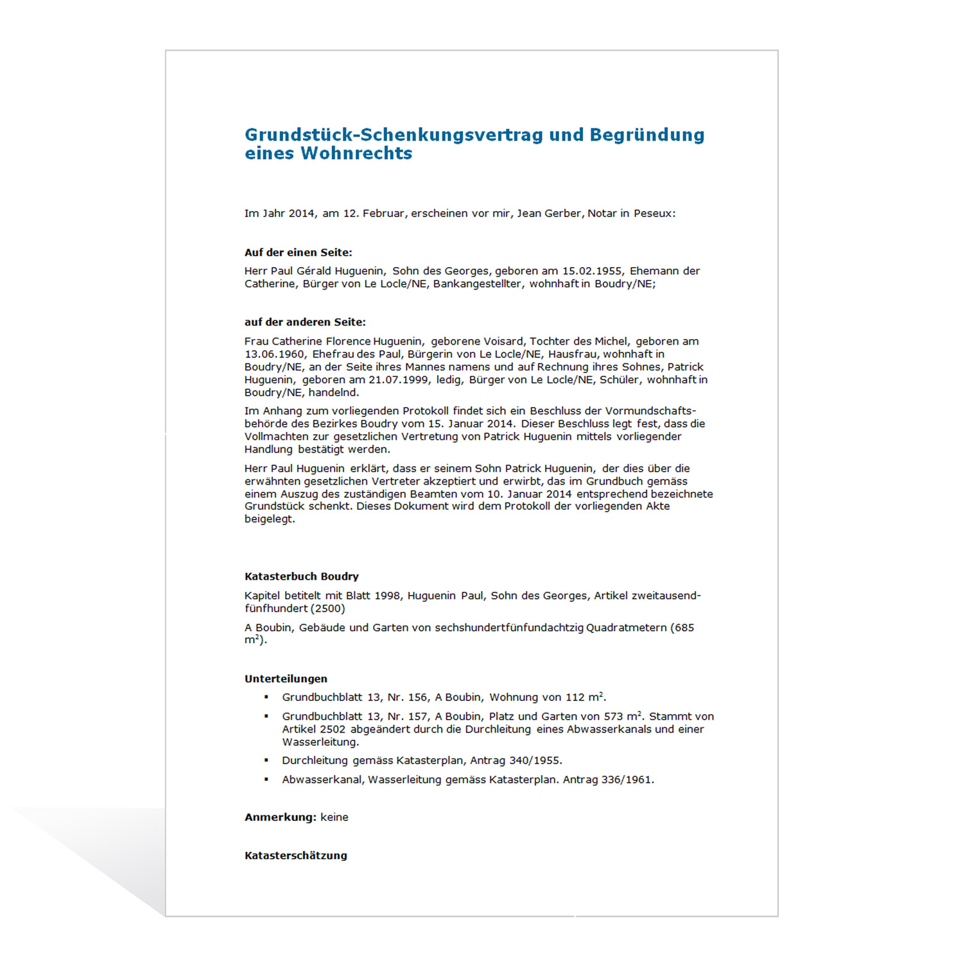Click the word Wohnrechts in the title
click(x=356, y=153)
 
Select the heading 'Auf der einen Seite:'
click(x=298, y=252)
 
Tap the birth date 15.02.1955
click(x=592, y=271)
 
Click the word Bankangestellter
click(x=477, y=284)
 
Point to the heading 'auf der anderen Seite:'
click(x=305, y=322)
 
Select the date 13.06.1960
click(x=274, y=354)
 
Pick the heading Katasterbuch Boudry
click(x=301, y=577)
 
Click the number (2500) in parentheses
click(x=328, y=609)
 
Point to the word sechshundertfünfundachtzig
click(x=508, y=628)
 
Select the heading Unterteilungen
click(x=286, y=679)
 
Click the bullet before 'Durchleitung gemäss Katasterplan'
click(x=266, y=761)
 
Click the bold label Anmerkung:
click(x=281, y=817)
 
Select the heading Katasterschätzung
click(x=295, y=856)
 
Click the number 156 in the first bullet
click(x=417, y=697)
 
